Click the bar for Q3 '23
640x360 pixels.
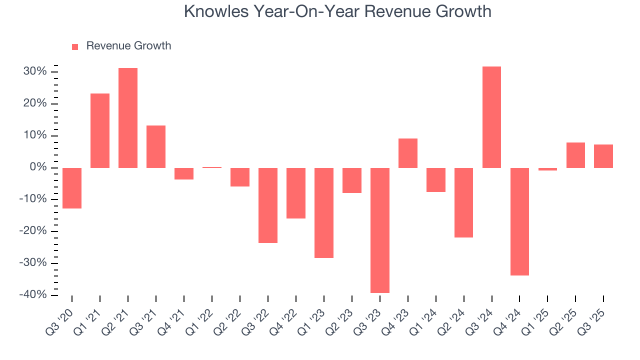click(x=380, y=230)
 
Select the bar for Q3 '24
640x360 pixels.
click(x=491, y=117)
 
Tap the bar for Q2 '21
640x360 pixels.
click(x=128, y=117)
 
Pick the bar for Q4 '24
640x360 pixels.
click(x=519, y=221)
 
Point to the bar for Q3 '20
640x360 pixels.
click(x=72, y=188)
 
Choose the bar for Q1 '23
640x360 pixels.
click(x=324, y=212)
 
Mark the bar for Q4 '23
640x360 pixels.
click(x=408, y=153)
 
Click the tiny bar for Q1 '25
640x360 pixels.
click(x=547, y=169)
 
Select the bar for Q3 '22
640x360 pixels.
click(x=268, y=205)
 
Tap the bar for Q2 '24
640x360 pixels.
click(x=463, y=202)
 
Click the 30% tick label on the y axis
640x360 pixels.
click(x=34, y=72)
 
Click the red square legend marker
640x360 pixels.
click(x=75, y=47)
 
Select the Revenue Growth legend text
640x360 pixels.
click(x=128, y=46)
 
